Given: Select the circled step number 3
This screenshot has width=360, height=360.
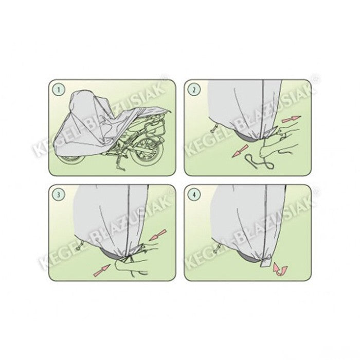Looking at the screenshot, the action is [59, 195].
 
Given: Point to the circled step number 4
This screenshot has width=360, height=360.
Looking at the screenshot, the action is [194, 195].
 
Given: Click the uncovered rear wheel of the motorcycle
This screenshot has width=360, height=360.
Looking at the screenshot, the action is [146, 152].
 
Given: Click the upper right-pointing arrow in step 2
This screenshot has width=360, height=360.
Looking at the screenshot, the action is [291, 119].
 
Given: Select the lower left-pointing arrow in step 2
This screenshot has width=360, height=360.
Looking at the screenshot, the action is [240, 151].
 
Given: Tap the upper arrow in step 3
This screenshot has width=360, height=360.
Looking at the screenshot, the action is [157, 235].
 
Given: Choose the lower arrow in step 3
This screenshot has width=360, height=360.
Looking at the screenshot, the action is [102, 270].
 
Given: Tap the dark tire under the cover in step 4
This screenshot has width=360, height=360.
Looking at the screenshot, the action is [248, 258].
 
